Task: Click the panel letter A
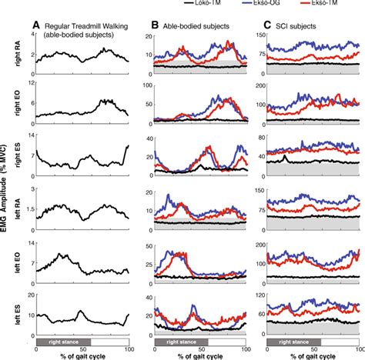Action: click(x=36, y=24)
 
